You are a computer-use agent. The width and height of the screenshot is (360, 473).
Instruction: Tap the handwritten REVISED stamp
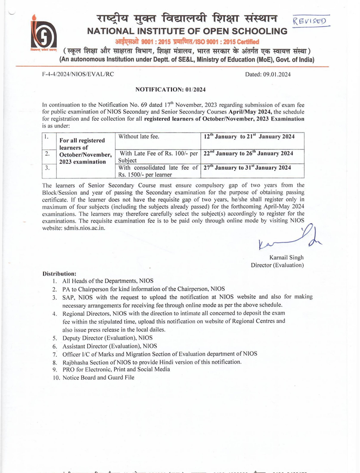pyautogui.click(x=310, y=21)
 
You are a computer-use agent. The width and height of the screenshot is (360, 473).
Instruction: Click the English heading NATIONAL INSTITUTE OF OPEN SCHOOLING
pyautogui.click(x=187, y=31)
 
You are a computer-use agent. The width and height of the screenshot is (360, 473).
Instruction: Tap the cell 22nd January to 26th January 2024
pyautogui.click(x=248, y=153)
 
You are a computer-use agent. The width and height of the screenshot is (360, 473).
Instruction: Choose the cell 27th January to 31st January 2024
pyautogui.click(x=247, y=168)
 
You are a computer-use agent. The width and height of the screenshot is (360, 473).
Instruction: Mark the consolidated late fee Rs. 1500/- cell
pyautogui.click(x=158, y=171)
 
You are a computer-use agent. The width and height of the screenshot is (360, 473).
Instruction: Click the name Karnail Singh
pyautogui.click(x=287, y=257)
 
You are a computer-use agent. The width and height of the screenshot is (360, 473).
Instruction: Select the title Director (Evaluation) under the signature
pyautogui.click(x=277, y=265)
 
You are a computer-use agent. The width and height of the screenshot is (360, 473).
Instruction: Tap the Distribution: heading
pyautogui.click(x=59, y=273)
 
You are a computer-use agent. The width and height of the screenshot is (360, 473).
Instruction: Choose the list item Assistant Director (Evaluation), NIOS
pyautogui.click(x=110, y=346)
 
